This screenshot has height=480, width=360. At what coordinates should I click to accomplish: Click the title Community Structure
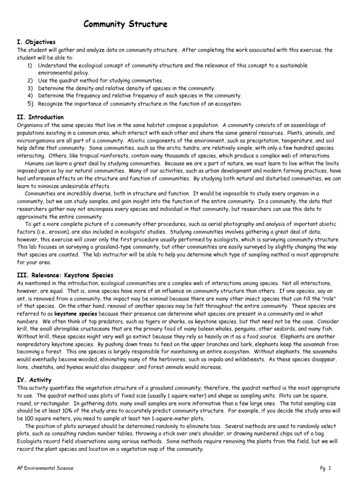point(125,24)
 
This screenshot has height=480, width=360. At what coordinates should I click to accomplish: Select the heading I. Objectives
point(36,42)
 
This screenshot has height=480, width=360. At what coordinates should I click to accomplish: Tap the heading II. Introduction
point(40,117)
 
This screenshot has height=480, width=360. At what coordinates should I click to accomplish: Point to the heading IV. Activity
point(34,380)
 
